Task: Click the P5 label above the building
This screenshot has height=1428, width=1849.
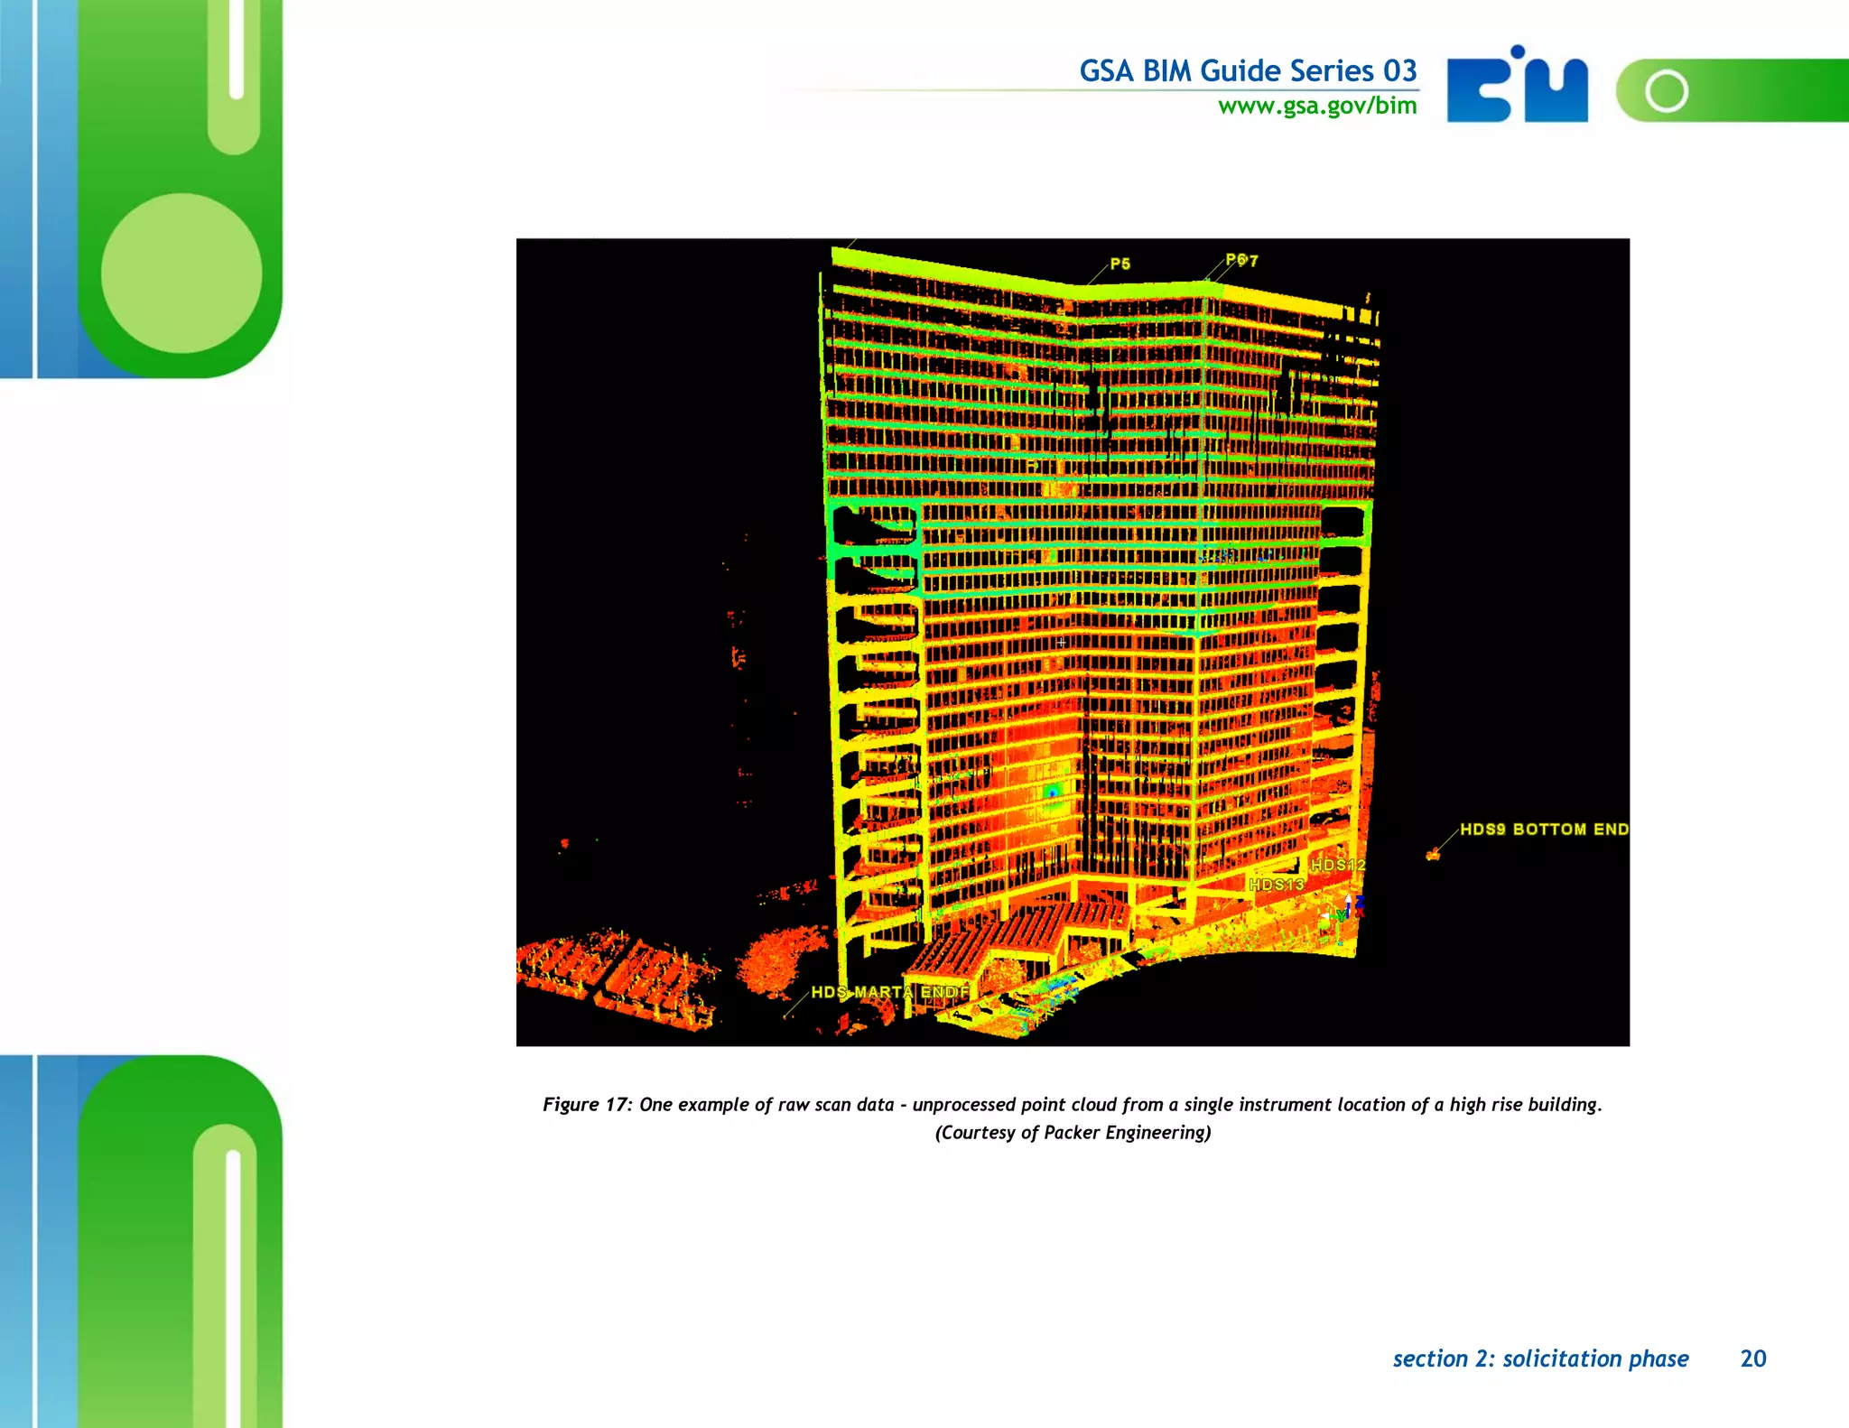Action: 1120,264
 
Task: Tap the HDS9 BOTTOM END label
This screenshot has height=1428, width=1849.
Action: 1544,829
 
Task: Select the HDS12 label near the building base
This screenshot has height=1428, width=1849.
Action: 1338,865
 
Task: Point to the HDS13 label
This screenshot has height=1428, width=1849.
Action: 1276,884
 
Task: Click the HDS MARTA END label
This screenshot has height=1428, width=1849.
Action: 889,992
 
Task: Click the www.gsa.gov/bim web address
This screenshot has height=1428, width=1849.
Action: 1317,107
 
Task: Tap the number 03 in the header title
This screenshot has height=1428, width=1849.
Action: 1400,70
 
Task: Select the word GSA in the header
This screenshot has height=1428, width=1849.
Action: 1106,70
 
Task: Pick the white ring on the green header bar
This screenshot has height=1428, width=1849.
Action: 1667,90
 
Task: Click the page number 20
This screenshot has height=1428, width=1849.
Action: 1752,1358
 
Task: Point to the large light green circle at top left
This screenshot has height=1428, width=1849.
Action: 181,273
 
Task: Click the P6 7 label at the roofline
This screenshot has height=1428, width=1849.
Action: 1241,260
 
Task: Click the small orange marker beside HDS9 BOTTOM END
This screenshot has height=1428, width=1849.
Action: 1433,854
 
